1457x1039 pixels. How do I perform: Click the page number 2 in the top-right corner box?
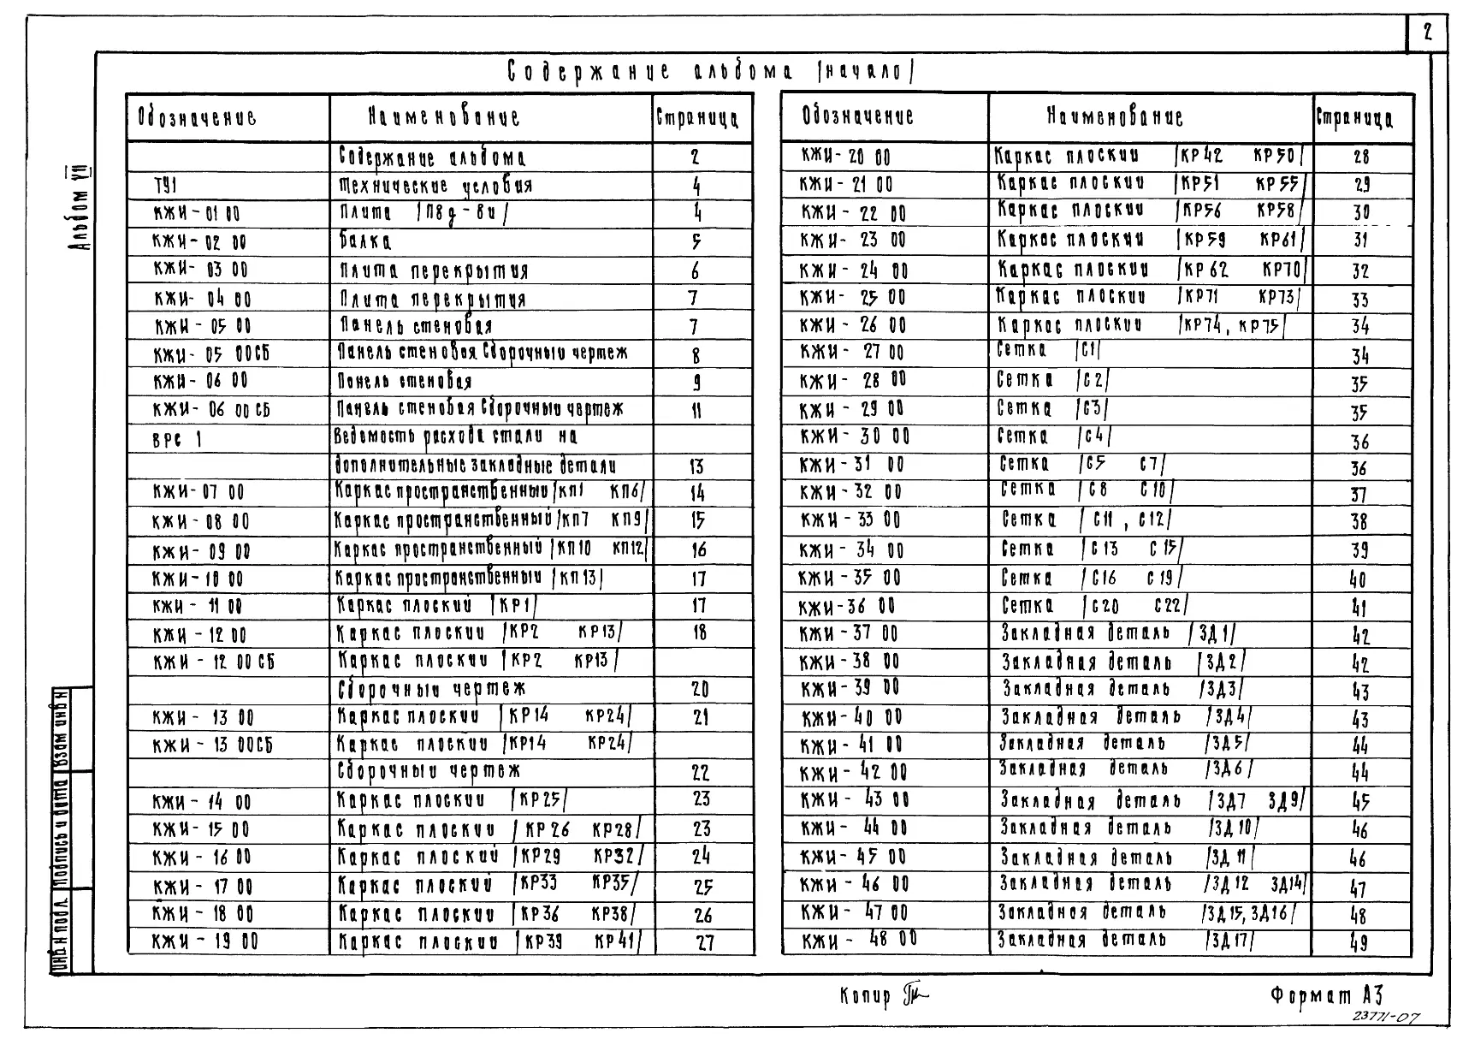click(x=1427, y=33)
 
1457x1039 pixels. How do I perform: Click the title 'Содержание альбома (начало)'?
click(x=709, y=72)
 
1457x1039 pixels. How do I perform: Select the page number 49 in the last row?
click(x=1359, y=943)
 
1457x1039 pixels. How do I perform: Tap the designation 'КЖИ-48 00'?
click(x=859, y=941)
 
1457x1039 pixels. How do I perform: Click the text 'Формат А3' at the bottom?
click(x=1326, y=994)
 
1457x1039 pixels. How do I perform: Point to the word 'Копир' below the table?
click(x=865, y=996)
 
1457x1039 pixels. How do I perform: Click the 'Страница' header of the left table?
click(x=702, y=117)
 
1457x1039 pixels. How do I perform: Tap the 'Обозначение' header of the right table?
click(x=857, y=116)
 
